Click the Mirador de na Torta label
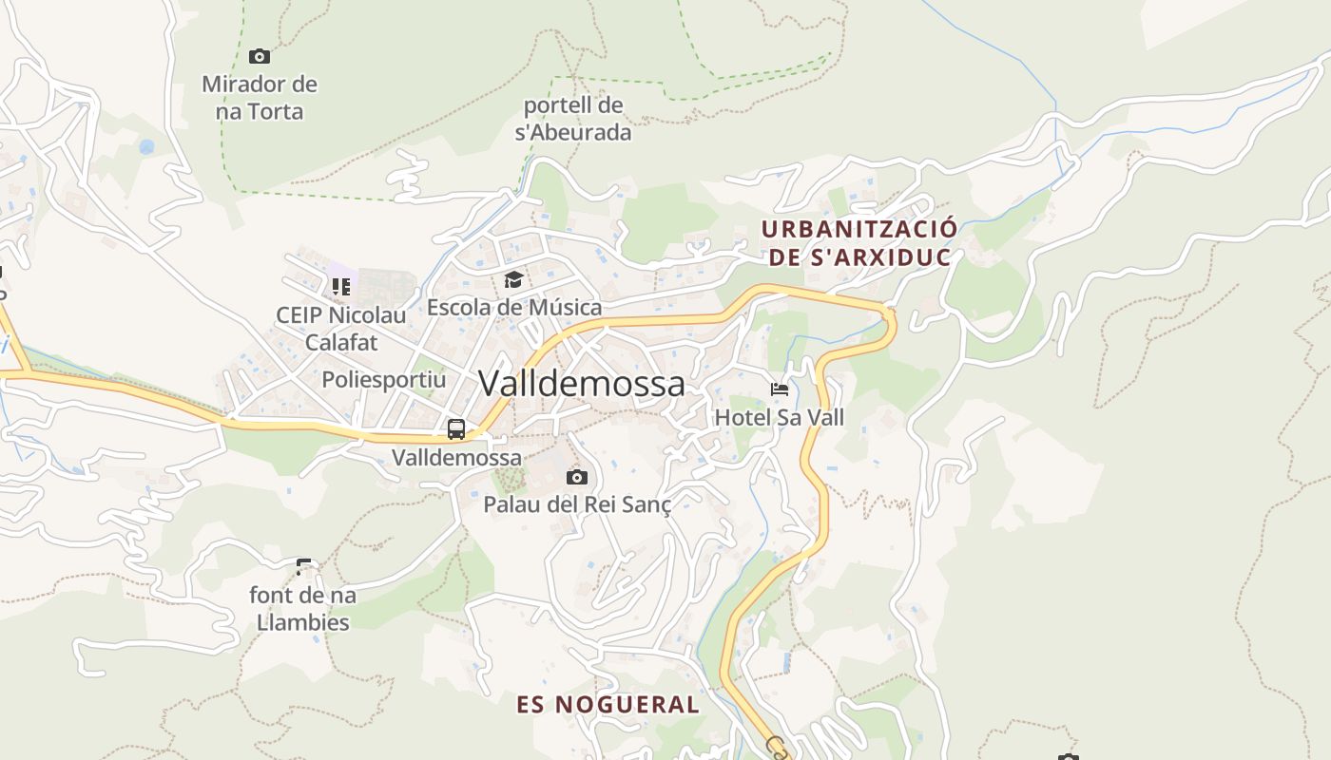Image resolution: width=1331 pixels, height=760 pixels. [x=259, y=98]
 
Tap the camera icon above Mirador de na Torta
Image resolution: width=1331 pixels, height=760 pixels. [x=259, y=57]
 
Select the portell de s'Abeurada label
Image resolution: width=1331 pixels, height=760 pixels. [x=573, y=119]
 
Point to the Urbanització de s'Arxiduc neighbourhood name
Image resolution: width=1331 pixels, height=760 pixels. [x=858, y=243]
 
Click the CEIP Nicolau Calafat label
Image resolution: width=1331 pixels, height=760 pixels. [x=340, y=328]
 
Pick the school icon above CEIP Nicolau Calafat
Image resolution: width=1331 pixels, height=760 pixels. [x=340, y=286]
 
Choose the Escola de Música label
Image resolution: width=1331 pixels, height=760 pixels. [x=513, y=308]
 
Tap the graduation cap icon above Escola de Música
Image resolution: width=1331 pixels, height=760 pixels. [x=513, y=279]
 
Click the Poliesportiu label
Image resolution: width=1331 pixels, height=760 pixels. [x=383, y=380]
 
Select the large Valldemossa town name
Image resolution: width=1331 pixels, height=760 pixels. [x=581, y=384]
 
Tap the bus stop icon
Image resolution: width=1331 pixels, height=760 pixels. [x=456, y=429]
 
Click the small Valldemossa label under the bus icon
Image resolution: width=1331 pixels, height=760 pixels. [x=456, y=457]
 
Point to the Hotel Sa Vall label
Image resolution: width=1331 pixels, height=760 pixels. [x=779, y=417]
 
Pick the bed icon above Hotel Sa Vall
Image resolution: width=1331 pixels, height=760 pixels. [x=780, y=389]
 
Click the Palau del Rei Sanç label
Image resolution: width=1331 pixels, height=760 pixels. [x=577, y=504]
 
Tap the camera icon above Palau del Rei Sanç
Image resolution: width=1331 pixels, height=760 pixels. [x=576, y=477]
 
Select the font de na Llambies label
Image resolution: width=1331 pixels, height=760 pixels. [x=302, y=609]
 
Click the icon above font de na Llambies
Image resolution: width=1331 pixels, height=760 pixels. [x=304, y=567]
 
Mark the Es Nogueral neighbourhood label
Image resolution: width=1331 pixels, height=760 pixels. [x=608, y=705]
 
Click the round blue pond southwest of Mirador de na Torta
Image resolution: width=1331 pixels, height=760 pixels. [x=146, y=147]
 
